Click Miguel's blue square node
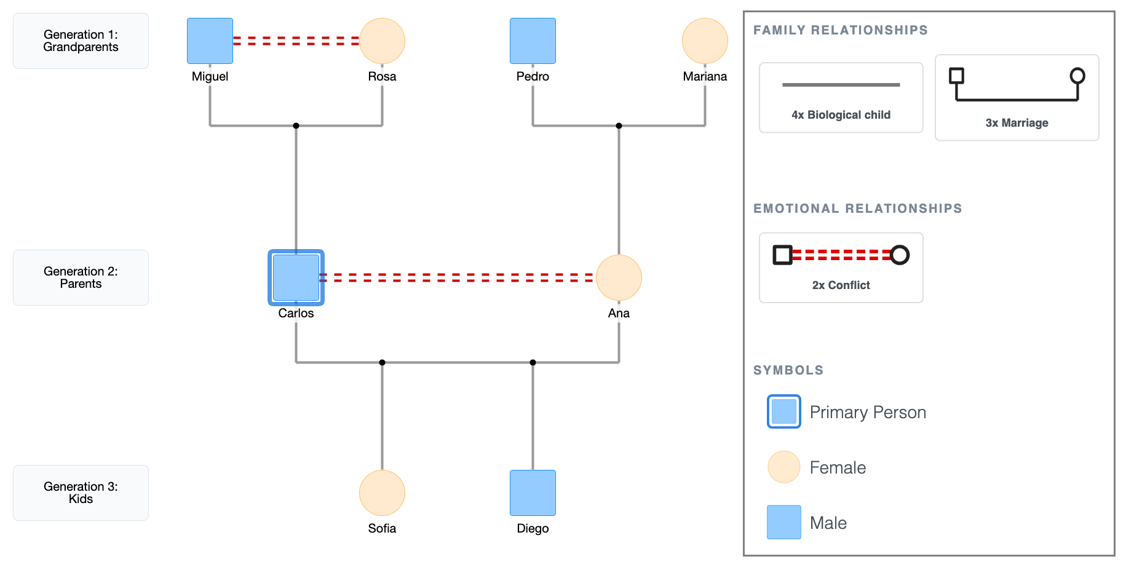210,41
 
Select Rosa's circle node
382,41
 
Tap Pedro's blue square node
533,41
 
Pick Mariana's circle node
705,41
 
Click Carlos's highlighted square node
296,277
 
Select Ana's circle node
619,277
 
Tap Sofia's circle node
382,493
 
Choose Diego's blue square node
533,493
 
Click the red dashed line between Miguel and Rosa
296,41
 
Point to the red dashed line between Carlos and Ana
457,277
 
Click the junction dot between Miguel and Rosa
296,125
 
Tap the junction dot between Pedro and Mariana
619,125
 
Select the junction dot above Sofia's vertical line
382,362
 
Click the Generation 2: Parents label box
81,277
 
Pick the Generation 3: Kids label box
81,493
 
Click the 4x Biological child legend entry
841,97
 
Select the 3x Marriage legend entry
1017,97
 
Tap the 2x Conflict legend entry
841,267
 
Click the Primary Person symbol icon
783,411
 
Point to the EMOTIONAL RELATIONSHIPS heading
857,208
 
